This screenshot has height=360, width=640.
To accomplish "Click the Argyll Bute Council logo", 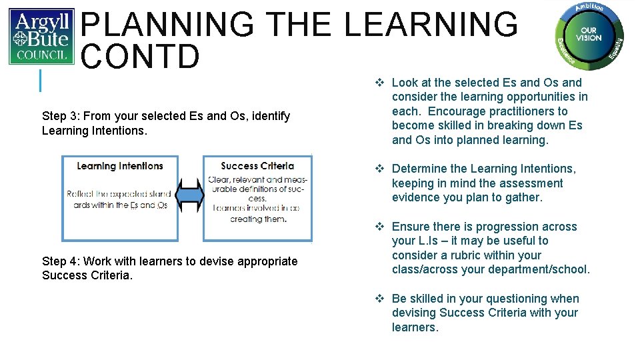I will pos(41,37).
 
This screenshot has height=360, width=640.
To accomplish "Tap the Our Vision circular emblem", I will pos(589,35).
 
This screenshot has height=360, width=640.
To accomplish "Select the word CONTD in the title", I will pos(140,57).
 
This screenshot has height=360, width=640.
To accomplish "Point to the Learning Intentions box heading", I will pos(120,166).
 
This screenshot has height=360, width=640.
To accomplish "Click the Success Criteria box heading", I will pos(257,166).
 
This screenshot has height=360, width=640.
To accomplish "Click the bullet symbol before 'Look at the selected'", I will pos(379,83).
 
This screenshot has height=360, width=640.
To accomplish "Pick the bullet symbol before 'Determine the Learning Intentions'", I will pos(379,169).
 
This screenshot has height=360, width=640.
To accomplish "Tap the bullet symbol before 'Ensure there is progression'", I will pos(379,227).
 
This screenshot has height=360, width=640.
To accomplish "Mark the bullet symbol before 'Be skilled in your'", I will pos(379,299).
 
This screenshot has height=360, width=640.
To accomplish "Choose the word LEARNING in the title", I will pos(431,25).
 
